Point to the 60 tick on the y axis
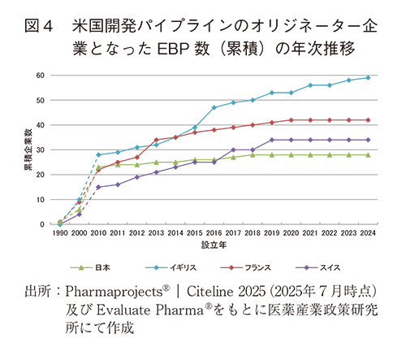pos(41,76)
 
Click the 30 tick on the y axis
pos(41,150)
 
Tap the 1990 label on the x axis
pos(61,232)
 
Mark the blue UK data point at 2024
pos(369,78)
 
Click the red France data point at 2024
pos(369,120)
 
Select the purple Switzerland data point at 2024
pos(369,140)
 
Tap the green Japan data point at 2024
pos(369,154)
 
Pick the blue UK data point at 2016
pos(214,107)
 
